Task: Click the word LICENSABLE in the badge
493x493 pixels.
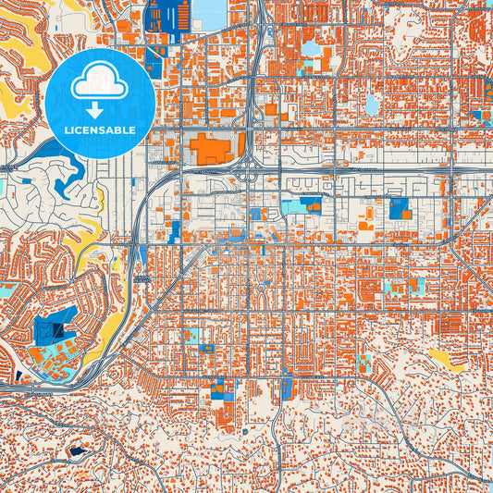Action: [99, 129]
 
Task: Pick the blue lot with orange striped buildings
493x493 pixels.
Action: [401, 208]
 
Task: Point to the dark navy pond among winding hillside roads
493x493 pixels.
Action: [73, 452]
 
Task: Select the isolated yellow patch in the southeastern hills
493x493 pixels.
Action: [447, 358]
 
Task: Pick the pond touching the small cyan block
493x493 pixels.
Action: [311, 47]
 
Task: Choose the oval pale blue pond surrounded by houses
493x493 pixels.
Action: [372, 104]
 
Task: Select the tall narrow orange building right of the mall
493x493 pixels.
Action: [241, 146]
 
